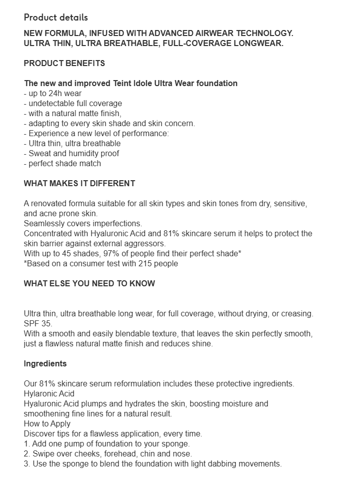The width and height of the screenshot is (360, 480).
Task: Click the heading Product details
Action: coord(55,18)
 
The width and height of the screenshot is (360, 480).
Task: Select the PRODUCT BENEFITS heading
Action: coord(64,63)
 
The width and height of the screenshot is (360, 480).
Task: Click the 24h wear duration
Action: coord(64,93)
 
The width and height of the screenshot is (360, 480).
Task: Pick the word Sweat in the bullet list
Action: coord(40,153)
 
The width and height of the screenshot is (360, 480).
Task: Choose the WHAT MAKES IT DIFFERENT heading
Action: coord(79,183)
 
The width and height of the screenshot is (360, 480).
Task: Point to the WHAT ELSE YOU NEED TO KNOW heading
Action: coord(89,283)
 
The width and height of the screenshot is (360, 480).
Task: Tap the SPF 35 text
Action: coord(37,323)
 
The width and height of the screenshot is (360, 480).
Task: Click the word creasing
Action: coord(296,313)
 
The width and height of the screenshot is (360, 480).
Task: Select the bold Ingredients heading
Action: coord(45,363)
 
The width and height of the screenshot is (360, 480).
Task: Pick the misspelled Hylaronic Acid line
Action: coord(49,393)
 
